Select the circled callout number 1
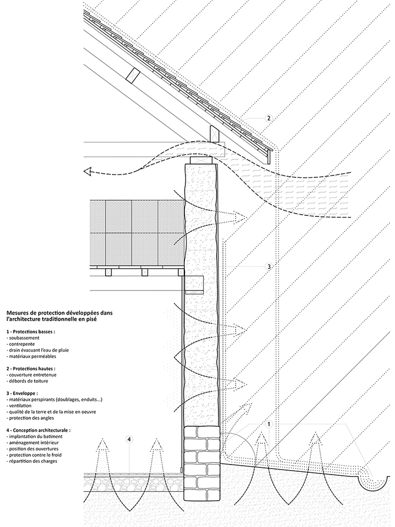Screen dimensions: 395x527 point(269,424)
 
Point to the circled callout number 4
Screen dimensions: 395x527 point(130,439)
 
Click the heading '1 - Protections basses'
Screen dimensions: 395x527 point(30,331)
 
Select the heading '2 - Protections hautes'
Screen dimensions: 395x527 point(31,369)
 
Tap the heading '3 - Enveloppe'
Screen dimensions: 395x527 point(22,393)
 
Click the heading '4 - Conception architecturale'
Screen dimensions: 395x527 point(38,430)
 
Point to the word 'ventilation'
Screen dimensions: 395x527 point(20,405)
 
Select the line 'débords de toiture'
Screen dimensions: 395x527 point(27,381)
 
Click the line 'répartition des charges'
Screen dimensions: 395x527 point(32,461)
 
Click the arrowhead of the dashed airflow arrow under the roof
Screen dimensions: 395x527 point(87,172)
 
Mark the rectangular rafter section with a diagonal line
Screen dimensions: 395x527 point(133,74)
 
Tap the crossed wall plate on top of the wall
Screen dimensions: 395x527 point(202,160)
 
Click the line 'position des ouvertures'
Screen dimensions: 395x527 point(32,449)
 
